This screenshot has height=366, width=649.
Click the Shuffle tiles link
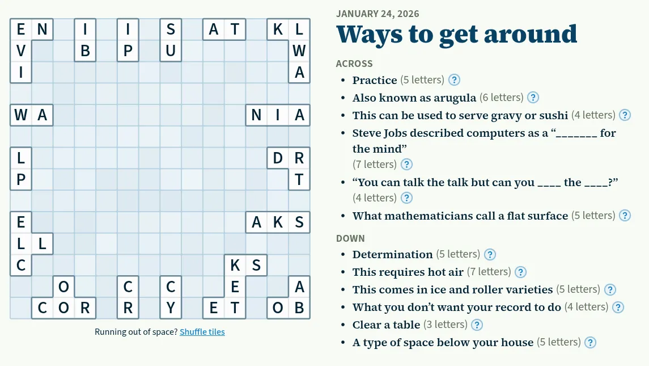(202, 331)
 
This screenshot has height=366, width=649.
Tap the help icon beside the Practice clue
(454, 79)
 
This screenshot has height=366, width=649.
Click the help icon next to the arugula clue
(533, 98)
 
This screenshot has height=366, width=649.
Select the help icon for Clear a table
(477, 325)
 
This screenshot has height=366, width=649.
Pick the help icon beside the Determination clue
(490, 254)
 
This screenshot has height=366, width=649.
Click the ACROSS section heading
(354, 64)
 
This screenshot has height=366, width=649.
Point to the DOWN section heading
(350, 238)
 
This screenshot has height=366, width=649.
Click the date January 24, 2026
(377, 14)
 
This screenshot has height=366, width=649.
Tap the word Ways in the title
(369, 34)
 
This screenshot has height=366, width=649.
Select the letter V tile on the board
(21, 51)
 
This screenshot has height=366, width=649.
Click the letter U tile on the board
(171, 51)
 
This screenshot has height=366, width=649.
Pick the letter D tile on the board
(278, 158)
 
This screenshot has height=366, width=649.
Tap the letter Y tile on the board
(171, 308)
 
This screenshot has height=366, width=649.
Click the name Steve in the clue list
(366, 133)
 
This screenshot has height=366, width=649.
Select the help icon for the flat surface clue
(625, 216)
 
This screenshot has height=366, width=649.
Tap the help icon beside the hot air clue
(520, 272)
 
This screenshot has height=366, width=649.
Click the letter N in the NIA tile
(256, 115)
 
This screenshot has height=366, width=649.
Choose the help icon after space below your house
(590, 342)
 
